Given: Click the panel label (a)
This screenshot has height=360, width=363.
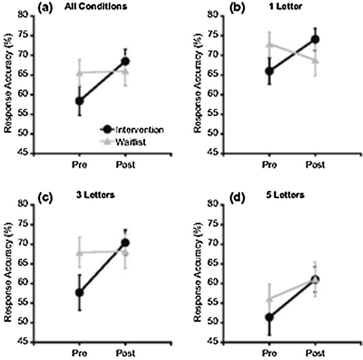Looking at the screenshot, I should [x=46, y=8].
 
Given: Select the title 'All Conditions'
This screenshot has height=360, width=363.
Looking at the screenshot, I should [x=89, y=8].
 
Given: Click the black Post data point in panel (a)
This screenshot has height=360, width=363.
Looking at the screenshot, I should [x=125, y=61].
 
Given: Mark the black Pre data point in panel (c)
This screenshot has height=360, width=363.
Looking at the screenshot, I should [x=80, y=292].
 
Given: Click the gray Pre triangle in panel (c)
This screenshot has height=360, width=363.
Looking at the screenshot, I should [x=80, y=252].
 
